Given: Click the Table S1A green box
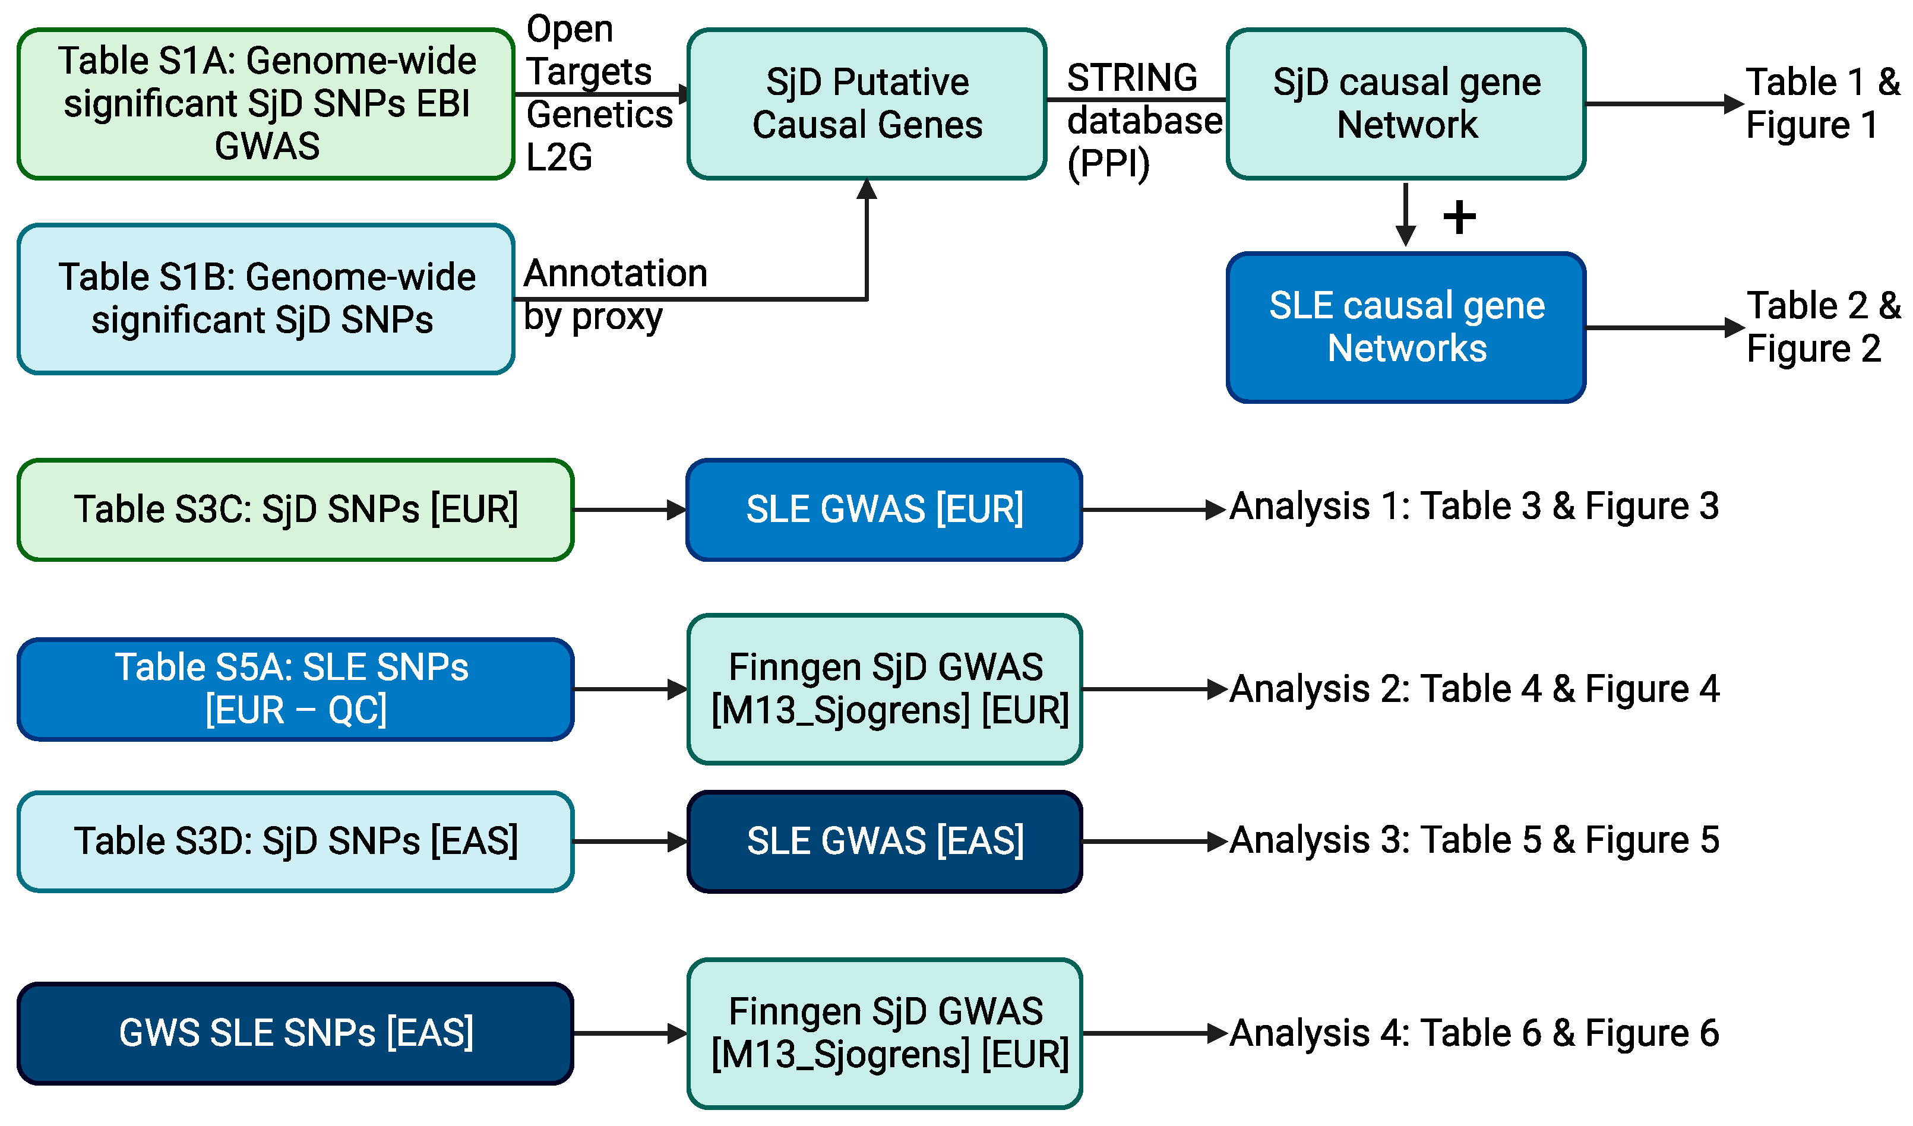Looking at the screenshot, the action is click(x=265, y=104).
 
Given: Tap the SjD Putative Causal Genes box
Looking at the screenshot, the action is click(x=867, y=104).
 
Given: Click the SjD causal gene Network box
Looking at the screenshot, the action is click(x=1406, y=104).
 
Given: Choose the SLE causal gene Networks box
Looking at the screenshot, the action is click(x=1406, y=327).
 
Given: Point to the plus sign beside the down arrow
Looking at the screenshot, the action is click(x=1459, y=218).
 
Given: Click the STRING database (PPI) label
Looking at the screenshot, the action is click(x=1144, y=121).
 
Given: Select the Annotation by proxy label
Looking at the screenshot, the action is click(x=615, y=295).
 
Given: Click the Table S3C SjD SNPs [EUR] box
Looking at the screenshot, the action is click(x=295, y=510).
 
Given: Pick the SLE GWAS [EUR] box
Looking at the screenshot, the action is click(x=884, y=510).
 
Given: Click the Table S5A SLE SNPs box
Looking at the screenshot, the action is click(x=295, y=689).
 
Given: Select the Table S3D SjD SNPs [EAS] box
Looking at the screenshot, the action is click(x=295, y=842).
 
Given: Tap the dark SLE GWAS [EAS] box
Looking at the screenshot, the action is click(x=884, y=842).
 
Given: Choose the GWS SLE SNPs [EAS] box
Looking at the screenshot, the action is click(x=295, y=1033).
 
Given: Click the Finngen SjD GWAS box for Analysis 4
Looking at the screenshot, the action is click(x=884, y=1033).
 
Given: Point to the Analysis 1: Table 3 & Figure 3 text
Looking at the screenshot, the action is click(x=1474, y=507).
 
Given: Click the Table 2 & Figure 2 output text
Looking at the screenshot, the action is click(x=1823, y=327).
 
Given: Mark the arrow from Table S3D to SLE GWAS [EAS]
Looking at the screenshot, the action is click(x=630, y=842).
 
